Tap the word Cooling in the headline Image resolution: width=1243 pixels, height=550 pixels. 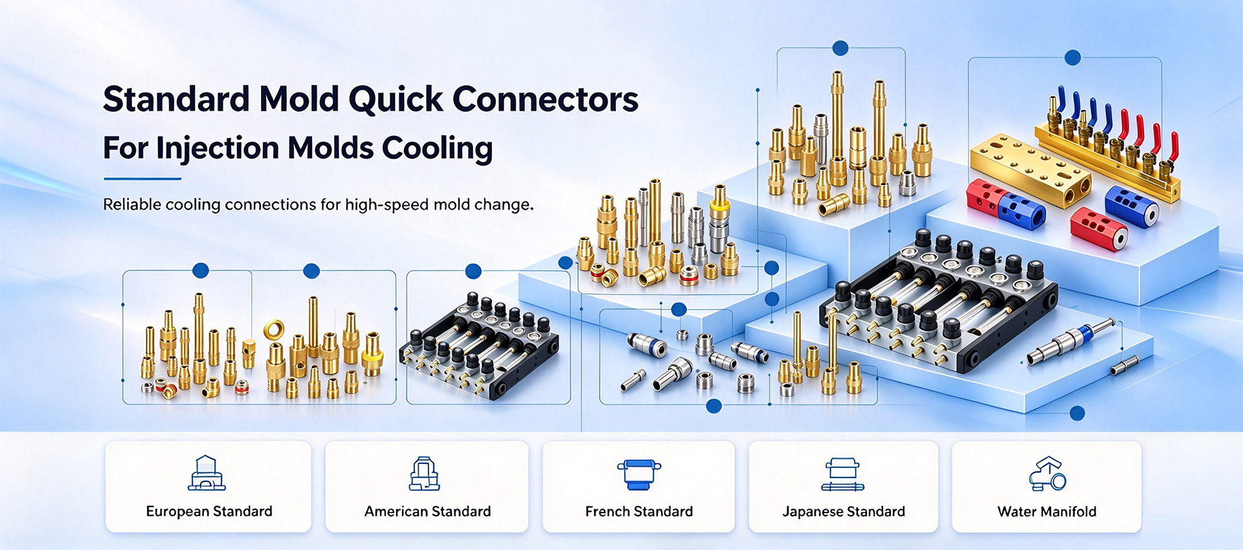[x=437, y=149]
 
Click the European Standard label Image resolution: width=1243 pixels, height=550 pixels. [x=209, y=511]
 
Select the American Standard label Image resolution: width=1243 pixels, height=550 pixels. [x=427, y=511]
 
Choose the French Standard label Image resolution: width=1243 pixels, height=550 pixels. [x=639, y=511]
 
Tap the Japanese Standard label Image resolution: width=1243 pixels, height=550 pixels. [x=844, y=511]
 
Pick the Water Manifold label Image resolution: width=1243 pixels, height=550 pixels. [x=1047, y=511]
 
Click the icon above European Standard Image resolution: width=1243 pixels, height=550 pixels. [x=207, y=472]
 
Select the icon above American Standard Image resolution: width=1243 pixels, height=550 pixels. [x=425, y=473]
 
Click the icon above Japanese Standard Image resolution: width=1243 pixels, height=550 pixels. [x=842, y=474]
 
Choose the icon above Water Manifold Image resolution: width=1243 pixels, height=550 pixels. [x=1047, y=473]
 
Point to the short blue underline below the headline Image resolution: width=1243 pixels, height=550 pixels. [x=142, y=179]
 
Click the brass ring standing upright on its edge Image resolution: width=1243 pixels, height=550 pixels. [x=274, y=329]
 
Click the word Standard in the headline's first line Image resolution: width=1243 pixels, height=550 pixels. [x=176, y=100]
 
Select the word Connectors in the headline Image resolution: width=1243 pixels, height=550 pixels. [x=545, y=100]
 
